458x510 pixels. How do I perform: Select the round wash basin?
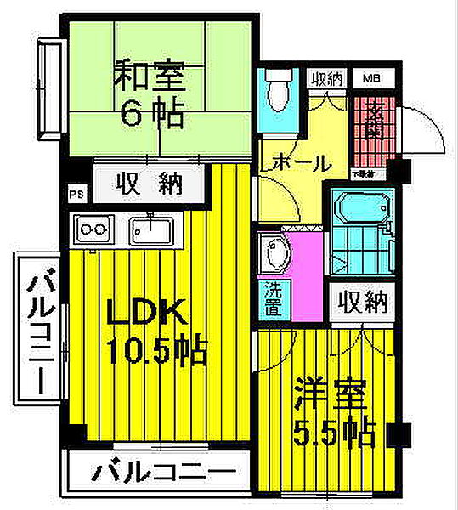click(277, 252)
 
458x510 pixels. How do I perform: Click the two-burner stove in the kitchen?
click(94, 228)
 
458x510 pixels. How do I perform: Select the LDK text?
click(145, 315)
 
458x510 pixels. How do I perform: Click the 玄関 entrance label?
click(371, 122)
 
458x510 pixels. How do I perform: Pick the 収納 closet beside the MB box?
click(326, 79)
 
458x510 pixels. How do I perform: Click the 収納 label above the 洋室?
click(363, 302)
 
